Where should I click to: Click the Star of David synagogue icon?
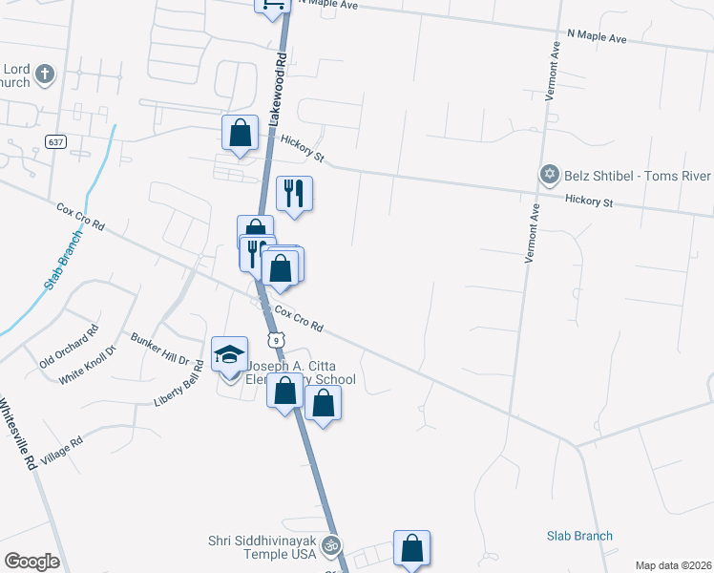[549, 175]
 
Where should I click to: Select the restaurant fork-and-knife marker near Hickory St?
[294, 194]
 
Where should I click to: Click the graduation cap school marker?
[229, 355]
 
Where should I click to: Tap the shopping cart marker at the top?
[271, 5]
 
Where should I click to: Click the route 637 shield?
[54, 141]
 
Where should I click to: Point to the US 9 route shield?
[276, 339]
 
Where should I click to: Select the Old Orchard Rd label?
[69, 348]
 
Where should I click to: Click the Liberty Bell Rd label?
[178, 383]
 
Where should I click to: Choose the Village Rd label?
[62, 453]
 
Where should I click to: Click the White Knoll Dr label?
[86, 364]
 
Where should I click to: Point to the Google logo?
[31, 561]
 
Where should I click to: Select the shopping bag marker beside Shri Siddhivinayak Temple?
[411, 548]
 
